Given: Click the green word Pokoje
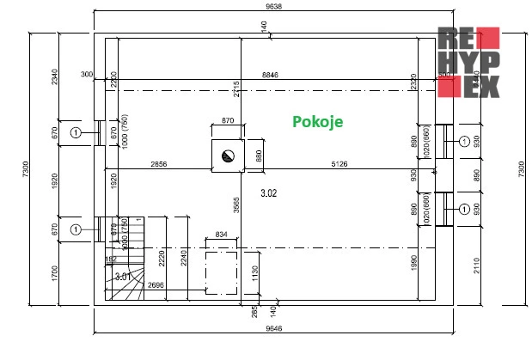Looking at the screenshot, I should (x=318, y=122).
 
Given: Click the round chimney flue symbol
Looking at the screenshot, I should (x=228, y=156).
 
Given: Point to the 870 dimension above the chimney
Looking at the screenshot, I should (x=228, y=122).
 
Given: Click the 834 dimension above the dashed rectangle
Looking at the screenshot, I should (x=221, y=234).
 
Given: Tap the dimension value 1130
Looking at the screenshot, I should (x=254, y=274).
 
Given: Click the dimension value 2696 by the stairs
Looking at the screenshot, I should (x=156, y=284).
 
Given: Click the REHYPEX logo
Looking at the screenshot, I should (x=468, y=62).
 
